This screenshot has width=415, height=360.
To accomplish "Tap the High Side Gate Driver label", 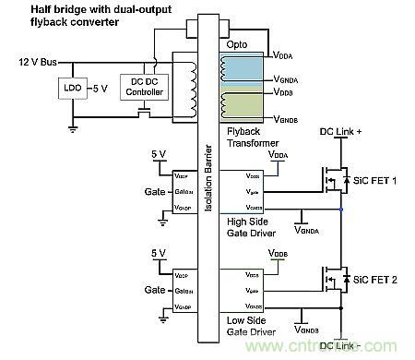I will [x=251, y=228].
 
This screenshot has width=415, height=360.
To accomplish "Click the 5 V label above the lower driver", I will [x=159, y=251].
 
